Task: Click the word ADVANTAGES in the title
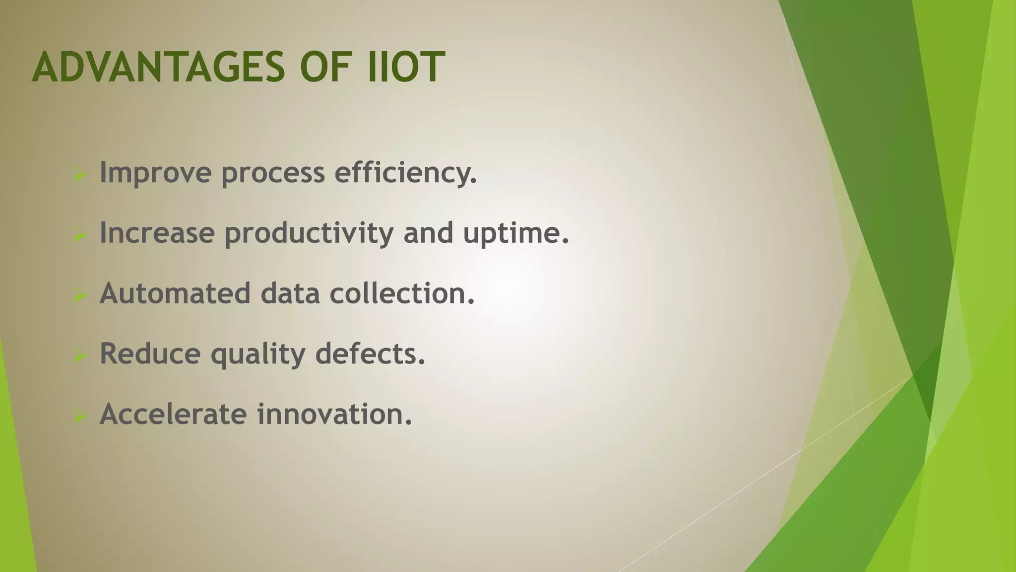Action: [x=158, y=67]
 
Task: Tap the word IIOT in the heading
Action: [x=405, y=67]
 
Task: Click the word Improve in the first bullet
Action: [x=156, y=173]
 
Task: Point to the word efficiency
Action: [x=405, y=173]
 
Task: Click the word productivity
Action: [x=309, y=233]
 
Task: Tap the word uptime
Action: [x=516, y=233]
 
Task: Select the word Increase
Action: [x=157, y=232]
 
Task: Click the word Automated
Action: [x=175, y=293]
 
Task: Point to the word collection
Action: [x=402, y=293]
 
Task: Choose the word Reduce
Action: [x=150, y=354]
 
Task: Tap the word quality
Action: [x=258, y=355]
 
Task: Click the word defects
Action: [x=370, y=354]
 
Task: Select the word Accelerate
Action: [x=173, y=414]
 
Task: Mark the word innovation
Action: [x=334, y=414]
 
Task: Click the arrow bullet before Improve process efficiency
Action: [x=79, y=174]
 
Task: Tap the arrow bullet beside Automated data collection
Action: [x=79, y=295]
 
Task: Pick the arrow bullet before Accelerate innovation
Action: [x=79, y=416]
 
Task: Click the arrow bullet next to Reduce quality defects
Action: [x=79, y=356]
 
